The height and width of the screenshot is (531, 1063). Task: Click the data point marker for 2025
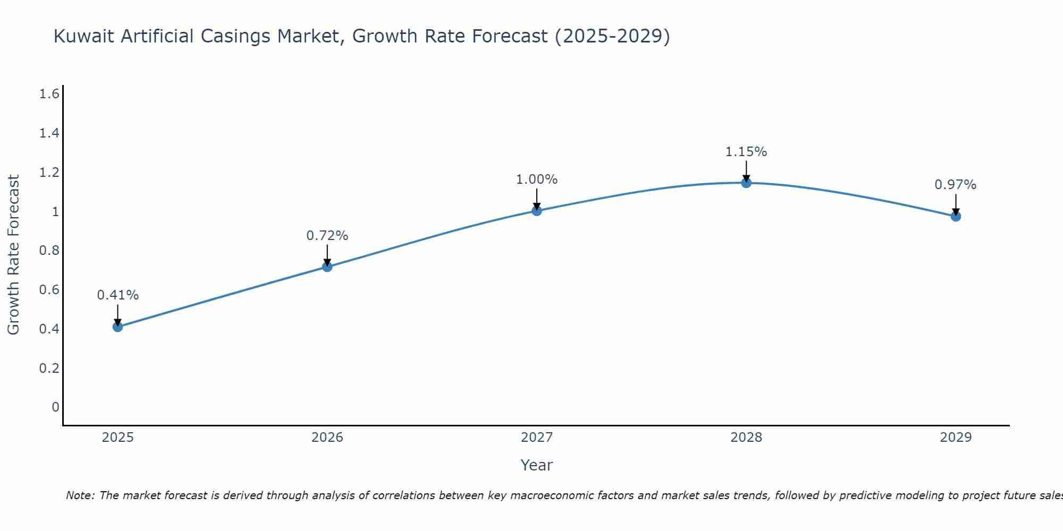coord(118,327)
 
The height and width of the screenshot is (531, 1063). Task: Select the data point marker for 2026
coord(327,267)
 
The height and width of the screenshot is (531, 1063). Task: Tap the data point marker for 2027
coord(537,211)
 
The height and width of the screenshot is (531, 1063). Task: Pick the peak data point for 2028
coord(746,183)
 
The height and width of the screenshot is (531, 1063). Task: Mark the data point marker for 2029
coord(956,216)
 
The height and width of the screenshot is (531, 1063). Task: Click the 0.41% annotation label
coord(118,295)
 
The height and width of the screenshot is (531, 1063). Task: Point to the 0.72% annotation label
coord(327,235)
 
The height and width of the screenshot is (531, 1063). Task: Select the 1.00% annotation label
coord(537,179)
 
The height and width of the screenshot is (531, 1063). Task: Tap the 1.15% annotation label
coord(746,152)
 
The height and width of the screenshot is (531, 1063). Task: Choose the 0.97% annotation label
coord(956,185)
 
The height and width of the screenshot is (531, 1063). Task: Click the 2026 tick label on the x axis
coord(327,438)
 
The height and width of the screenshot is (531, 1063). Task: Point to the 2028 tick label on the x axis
coord(746,438)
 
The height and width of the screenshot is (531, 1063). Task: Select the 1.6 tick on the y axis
coord(49,94)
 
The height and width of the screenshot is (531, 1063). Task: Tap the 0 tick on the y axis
coord(55,407)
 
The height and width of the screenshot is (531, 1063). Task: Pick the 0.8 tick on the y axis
coord(49,251)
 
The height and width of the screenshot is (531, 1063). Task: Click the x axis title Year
coord(537,465)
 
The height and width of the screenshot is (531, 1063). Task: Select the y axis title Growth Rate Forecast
coord(13,255)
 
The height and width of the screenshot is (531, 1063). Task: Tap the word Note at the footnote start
coord(80,495)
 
